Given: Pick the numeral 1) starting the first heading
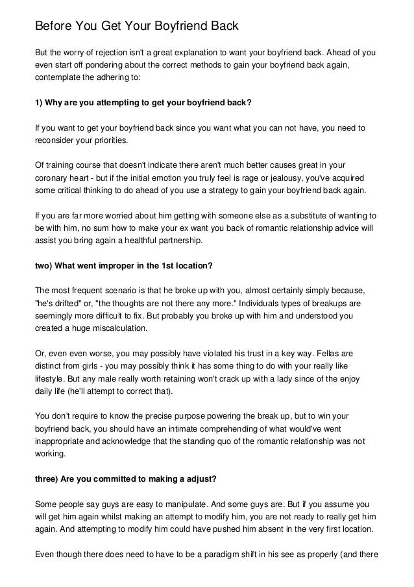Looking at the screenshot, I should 38,105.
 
